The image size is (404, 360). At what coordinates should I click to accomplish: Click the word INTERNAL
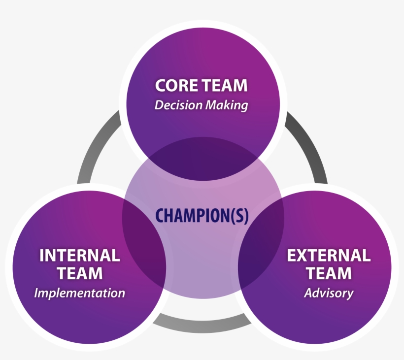[79, 255]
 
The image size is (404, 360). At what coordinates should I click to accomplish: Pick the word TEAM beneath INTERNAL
[79, 273]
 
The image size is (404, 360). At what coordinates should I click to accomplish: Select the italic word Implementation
[79, 293]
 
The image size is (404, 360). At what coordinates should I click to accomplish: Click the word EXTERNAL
[329, 255]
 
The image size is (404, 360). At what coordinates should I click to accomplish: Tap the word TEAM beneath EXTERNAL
[329, 273]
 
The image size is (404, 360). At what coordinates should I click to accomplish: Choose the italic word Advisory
[329, 293]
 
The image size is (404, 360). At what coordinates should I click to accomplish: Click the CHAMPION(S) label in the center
[202, 216]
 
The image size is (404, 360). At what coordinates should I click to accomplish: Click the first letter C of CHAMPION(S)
[160, 216]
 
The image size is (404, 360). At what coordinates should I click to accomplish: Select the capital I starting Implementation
[36, 293]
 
